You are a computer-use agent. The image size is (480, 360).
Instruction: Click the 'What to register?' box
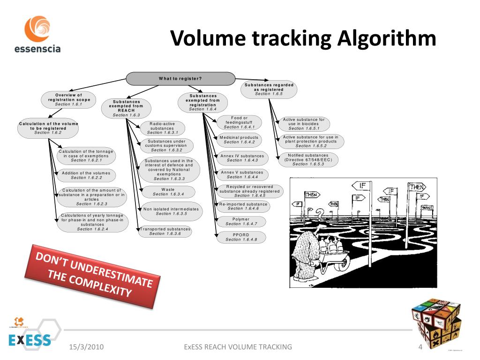click(x=180, y=78)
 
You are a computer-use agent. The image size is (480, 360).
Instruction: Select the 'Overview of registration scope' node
click(x=69, y=99)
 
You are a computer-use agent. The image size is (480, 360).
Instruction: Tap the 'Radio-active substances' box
click(x=162, y=128)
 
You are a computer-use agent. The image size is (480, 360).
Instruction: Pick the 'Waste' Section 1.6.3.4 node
click(x=168, y=192)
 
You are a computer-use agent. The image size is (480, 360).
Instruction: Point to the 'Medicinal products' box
click(x=239, y=140)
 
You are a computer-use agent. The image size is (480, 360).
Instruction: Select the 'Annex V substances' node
click(x=242, y=174)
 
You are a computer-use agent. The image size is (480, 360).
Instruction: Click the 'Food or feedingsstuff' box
click(x=239, y=122)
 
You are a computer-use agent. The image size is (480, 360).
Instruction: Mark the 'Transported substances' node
click(x=165, y=231)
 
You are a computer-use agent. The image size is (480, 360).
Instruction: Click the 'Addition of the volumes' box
click(x=86, y=175)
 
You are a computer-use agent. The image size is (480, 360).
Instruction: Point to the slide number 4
click(x=420, y=347)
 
